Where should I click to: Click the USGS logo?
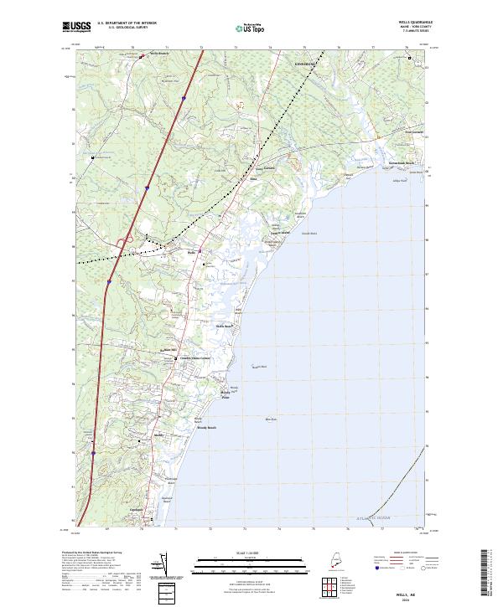tap(75, 26)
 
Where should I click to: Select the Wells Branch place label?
tap(160, 54)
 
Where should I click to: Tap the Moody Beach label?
tap(206, 428)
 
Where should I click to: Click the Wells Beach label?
tap(224, 325)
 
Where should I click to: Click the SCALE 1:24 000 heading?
tap(251, 553)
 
